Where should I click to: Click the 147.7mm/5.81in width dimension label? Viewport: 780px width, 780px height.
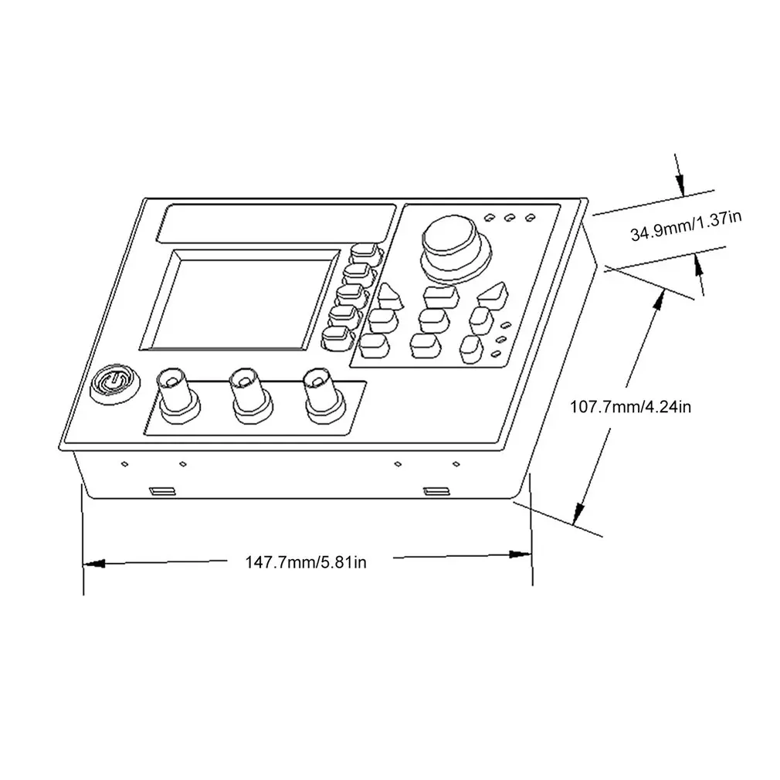tap(306, 562)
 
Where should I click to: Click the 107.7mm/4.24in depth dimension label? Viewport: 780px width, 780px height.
tap(629, 405)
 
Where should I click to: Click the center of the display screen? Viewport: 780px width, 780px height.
tap(239, 298)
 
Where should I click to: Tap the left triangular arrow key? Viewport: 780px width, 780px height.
tap(388, 293)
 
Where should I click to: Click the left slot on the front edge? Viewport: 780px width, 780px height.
tap(161, 491)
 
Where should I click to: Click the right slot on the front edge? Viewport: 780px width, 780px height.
tap(436, 491)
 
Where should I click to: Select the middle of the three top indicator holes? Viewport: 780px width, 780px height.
tap(510, 217)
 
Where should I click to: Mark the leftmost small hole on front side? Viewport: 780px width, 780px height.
tap(124, 464)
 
